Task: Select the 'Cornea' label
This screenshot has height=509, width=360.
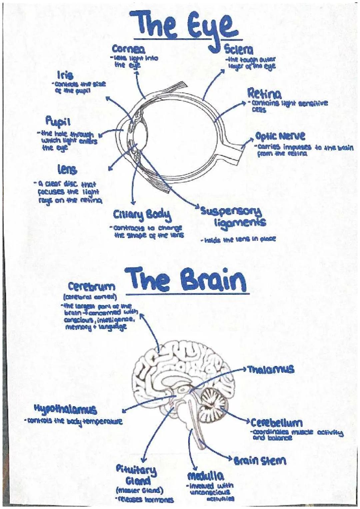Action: point(128,50)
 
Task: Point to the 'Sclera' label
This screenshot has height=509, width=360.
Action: point(239,50)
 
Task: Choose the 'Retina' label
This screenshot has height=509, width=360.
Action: point(264,94)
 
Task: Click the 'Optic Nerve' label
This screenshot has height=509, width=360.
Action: point(280,136)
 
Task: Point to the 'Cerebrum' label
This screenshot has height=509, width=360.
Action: point(92,287)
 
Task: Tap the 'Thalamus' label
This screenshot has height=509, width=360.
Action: point(271,369)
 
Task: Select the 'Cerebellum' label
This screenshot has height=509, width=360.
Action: point(276,423)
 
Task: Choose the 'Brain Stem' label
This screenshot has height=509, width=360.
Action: point(260,461)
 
